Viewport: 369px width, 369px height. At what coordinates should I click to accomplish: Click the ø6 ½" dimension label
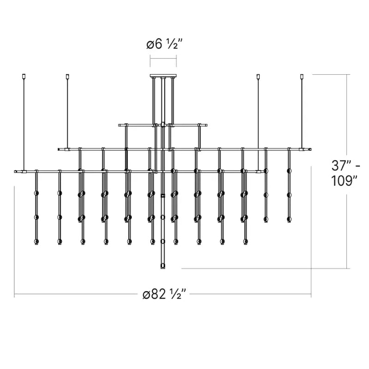[165, 44]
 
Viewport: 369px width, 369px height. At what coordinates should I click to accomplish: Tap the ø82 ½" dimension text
[165, 294]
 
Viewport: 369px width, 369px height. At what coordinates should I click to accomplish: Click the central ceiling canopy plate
[163, 76]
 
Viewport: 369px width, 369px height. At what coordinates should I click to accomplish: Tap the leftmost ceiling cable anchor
[23, 77]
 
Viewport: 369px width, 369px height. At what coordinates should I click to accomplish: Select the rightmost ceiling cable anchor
[302, 77]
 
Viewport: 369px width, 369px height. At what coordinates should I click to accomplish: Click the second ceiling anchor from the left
[67, 77]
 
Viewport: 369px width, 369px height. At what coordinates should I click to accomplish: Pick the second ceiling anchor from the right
[258, 77]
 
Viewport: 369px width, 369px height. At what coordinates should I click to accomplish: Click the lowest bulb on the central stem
[162, 266]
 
